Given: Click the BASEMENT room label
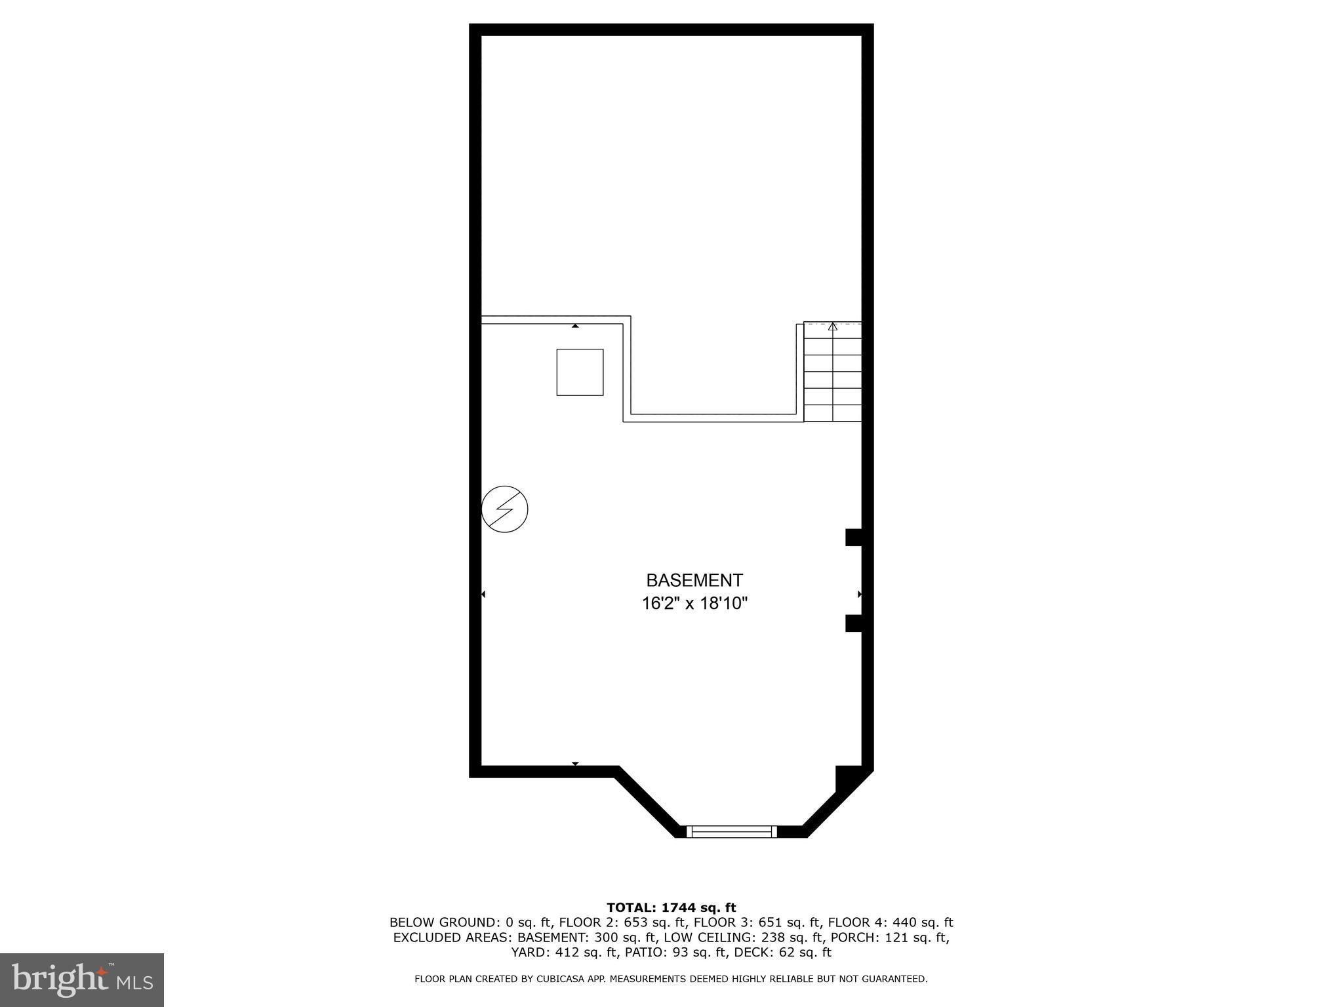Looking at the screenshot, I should click(694, 580).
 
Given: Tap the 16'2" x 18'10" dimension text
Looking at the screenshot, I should click(694, 603).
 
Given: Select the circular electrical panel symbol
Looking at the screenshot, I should click(505, 509).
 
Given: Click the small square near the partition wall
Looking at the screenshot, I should click(580, 372).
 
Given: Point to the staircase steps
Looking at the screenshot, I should click(833, 380).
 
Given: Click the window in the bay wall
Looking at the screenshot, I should click(731, 832).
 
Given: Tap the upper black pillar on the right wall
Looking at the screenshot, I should click(853, 537).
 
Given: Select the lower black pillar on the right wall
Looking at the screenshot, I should click(853, 623).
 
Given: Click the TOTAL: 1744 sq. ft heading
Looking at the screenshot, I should click(671, 907).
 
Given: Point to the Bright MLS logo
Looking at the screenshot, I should click(82, 979).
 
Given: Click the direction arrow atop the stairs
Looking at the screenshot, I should click(833, 326).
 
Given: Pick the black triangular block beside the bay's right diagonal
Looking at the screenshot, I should click(846, 780).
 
